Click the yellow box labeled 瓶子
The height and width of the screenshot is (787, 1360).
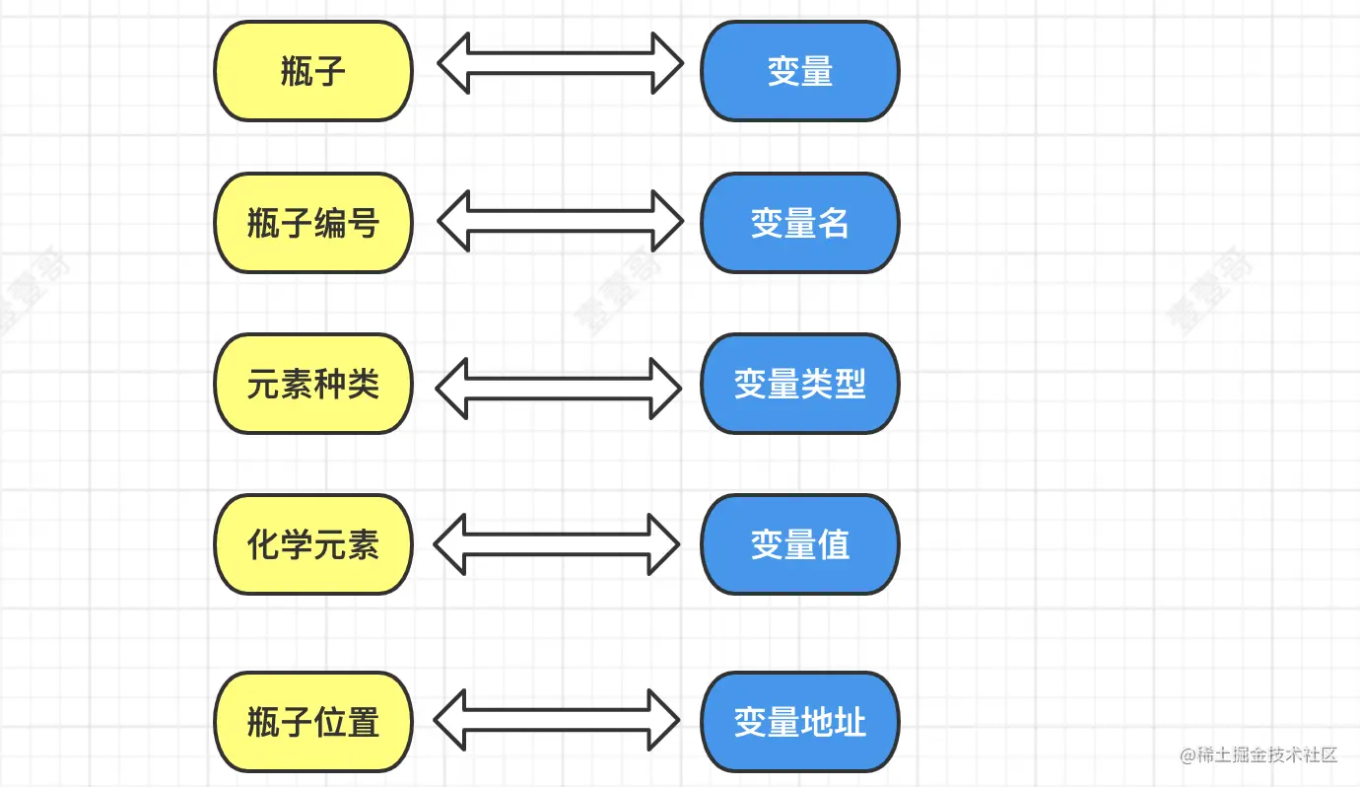[313, 71]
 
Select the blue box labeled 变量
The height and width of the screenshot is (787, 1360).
[799, 71]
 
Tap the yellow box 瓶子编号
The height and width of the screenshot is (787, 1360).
[313, 223]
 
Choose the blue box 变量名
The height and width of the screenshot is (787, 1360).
[799, 223]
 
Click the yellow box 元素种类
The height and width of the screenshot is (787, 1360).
[313, 384]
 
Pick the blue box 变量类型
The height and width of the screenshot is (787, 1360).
[799, 384]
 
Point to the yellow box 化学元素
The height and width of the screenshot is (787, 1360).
[313, 544]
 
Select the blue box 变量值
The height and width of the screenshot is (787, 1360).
[799, 544]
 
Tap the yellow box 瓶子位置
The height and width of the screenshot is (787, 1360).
[313, 722]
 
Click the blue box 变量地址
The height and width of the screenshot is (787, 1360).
[799, 722]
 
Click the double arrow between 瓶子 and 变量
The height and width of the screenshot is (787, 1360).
[561, 63]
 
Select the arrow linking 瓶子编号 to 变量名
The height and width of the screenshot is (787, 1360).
[561, 221]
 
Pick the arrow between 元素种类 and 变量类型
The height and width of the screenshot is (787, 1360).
[559, 389]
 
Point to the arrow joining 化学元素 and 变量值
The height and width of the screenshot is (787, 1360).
[557, 544]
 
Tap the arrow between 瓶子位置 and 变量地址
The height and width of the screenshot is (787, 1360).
[557, 720]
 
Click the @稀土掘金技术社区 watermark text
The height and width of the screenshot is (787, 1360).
[1258, 754]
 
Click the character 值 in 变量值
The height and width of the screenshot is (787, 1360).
[834, 544]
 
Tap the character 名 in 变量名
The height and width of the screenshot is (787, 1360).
[834, 223]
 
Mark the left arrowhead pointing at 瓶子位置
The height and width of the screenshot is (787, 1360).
[449, 720]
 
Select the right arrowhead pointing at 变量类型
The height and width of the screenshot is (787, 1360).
[666, 389]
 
